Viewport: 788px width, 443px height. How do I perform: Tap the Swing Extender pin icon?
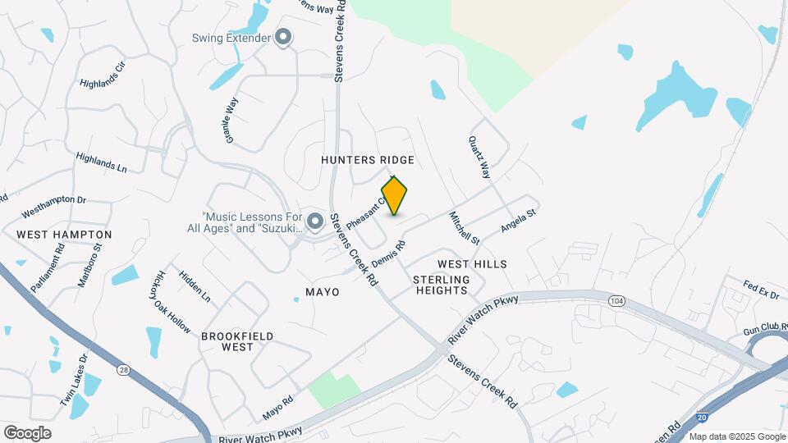[284, 38]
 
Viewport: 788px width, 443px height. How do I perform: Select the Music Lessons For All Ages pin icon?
[314, 221]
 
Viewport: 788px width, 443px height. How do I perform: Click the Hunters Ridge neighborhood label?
[367, 159]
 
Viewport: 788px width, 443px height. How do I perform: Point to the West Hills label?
[472, 264]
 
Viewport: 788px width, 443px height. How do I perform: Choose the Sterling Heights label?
[442, 285]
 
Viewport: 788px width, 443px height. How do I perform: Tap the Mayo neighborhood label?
[322, 292]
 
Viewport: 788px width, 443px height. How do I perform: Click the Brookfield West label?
[237, 341]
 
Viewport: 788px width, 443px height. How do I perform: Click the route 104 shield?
[615, 302]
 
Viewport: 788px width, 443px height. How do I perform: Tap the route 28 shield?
[123, 370]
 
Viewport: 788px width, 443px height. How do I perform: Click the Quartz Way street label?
[479, 158]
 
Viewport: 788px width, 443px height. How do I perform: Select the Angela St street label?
[518, 222]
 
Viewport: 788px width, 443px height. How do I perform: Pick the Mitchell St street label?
[464, 228]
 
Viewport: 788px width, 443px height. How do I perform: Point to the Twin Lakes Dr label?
[72, 380]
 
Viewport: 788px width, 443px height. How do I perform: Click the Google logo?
[27, 432]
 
